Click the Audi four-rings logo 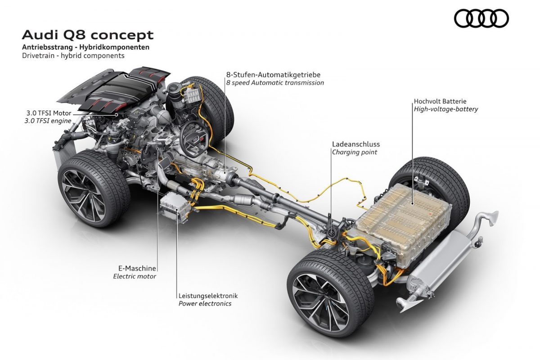tap(481, 18)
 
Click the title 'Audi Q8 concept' tap(87, 35)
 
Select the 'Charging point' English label tap(355, 152)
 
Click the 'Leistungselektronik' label tap(208, 296)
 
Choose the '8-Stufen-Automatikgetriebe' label tap(274, 75)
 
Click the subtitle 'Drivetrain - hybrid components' tap(73, 56)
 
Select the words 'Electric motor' tap(135, 276)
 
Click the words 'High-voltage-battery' tap(446, 109)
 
